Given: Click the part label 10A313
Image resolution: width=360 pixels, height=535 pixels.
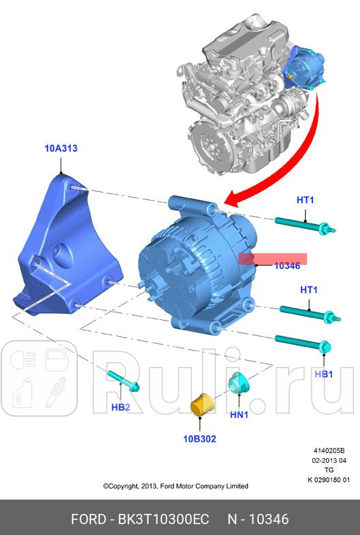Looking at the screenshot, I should pos(62,147).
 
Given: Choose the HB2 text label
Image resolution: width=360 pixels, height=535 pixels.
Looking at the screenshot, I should pos(120,408).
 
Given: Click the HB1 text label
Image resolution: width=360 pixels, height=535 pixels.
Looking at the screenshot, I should pos(323,374).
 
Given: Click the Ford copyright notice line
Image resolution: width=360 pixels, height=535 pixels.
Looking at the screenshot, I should pos(176,486).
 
